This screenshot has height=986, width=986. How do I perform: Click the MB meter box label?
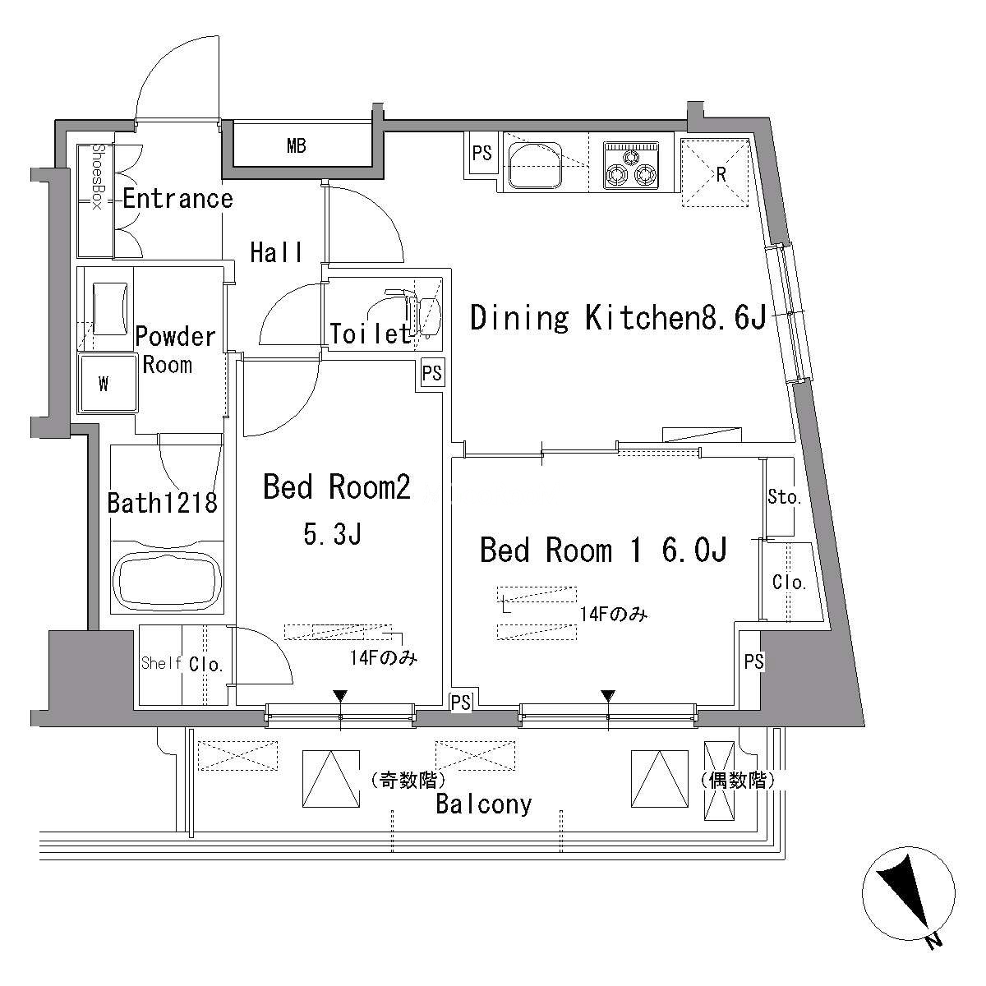pos(297,146)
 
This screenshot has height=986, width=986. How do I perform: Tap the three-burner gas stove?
pos(631,166)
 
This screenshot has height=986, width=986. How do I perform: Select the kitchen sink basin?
pos(535,165)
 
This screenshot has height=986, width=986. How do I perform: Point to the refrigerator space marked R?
pos(716,172)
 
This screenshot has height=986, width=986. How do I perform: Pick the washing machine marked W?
pos(108,383)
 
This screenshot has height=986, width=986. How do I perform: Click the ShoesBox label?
pos(97,177)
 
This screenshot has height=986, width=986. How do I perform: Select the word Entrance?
pos(177,199)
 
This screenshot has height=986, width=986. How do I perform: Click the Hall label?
pos(276,253)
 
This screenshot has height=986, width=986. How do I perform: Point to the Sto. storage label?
pos(784,497)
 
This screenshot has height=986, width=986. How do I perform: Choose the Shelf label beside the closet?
pos(161,663)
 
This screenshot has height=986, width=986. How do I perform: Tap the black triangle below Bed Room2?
pos(340,696)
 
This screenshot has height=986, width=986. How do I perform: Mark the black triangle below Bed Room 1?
pos(608,696)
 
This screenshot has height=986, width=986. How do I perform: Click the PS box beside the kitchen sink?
pos(482,153)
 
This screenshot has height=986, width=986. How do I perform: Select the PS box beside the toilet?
pos(432,373)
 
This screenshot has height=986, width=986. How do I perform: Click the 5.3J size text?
pos(333,535)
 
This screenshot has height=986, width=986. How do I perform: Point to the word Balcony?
pos(484,804)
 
